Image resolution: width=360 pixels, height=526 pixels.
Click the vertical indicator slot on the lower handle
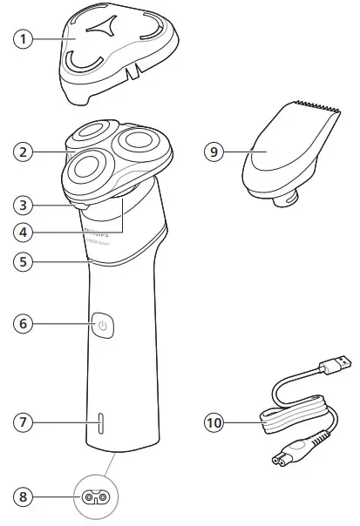click(x=100, y=423)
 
